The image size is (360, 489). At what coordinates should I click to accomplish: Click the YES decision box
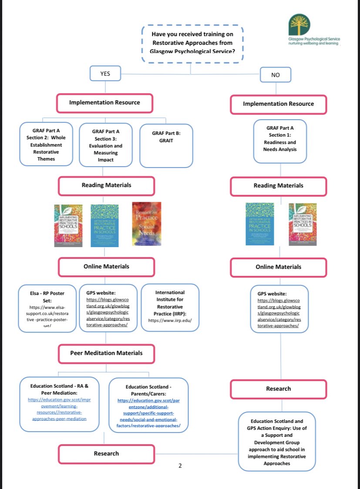coord(105,74)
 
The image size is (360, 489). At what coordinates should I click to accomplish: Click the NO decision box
coord(275,75)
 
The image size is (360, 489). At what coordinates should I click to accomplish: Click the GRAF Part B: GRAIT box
coord(166,146)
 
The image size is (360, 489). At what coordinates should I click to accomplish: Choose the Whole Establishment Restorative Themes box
coord(46,144)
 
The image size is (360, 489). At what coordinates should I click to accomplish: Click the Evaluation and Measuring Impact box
coord(106,145)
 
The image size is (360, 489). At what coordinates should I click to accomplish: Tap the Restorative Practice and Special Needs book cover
coord(147,224)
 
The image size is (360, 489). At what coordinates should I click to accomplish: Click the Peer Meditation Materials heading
coord(106,353)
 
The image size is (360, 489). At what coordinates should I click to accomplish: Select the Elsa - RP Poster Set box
coord(47,308)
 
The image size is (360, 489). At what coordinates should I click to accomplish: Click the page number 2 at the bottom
coord(180,465)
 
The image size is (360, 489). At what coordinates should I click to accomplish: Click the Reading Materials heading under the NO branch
coord(278,186)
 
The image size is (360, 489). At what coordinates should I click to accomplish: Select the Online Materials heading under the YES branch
coord(106,267)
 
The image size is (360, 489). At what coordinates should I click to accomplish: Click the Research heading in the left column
coord(106,453)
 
